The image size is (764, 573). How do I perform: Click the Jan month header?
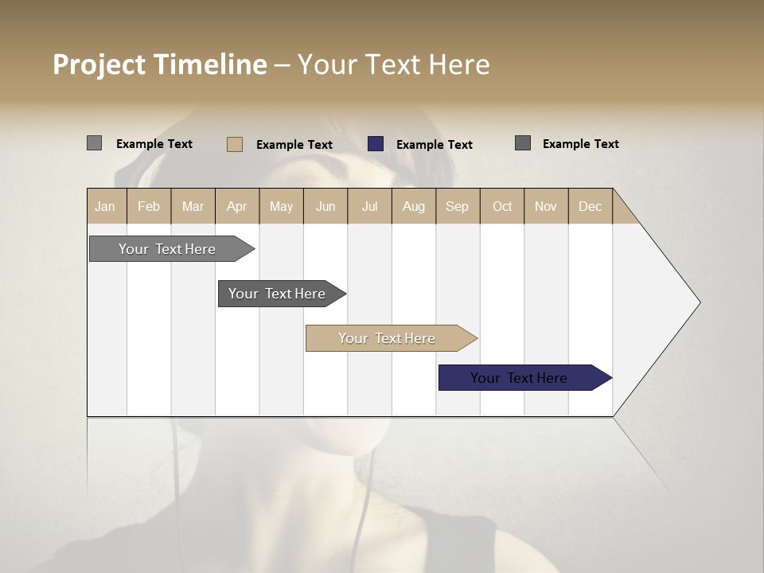click(x=105, y=206)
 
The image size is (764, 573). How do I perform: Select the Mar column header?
click(x=193, y=206)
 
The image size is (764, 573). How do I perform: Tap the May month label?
click(x=281, y=206)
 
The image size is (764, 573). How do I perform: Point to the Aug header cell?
click(x=413, y=206)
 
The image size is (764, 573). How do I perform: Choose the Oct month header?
click(x=501, y=206)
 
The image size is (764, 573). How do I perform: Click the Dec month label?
click(x=590, y=206)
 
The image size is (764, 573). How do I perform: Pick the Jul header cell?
click(x=369, y=206)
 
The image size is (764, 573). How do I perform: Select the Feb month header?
click(x=149, y=206)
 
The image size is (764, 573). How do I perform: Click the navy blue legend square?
click(x=376, y=144)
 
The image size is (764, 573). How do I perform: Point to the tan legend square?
click(x=235, y=144)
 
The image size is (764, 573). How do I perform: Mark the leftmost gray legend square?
click(x=94, y=143)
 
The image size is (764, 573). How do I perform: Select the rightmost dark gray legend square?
click(x=523, y=143)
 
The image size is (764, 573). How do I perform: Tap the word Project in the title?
click(x=99, y=64)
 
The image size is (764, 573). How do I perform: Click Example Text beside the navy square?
click(x=434, y=145)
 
